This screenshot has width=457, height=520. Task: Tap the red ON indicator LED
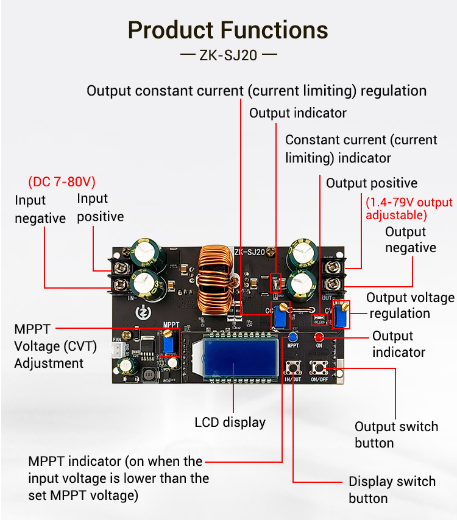coord(319,337)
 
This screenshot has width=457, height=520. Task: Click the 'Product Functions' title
coord(228,30)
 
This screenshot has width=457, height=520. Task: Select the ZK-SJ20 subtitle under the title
coord(228,55)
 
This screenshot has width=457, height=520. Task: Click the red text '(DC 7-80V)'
coord(62,182)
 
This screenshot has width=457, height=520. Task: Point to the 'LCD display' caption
coord(230,422)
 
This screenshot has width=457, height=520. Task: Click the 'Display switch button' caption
coord(392,490)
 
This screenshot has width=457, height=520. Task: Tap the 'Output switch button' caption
coord(396,434)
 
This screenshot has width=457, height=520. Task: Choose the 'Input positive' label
coord(100,208)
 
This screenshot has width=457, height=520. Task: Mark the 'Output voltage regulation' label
coord(410,305)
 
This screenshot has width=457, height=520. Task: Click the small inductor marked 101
coord(147,375)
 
